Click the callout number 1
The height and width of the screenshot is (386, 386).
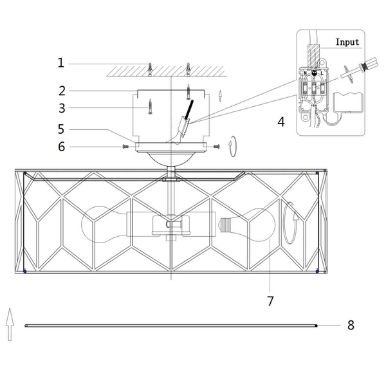click(x=61, y=63)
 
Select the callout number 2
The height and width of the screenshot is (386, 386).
click(x=62, y=91)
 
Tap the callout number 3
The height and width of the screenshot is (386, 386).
click(x=62, y=108)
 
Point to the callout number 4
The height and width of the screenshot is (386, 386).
click(x=281, y=122)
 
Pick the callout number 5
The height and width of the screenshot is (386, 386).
click(x=61, y=129)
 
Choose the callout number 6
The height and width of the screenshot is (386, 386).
click(x=62, y=147)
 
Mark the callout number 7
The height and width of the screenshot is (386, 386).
click(x=270, y=301)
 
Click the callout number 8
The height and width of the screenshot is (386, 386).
click(x=351, y=325)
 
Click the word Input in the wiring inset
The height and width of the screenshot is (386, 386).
click(x=347, y=42)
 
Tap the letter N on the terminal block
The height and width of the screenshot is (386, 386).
click(x=305, y=73)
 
